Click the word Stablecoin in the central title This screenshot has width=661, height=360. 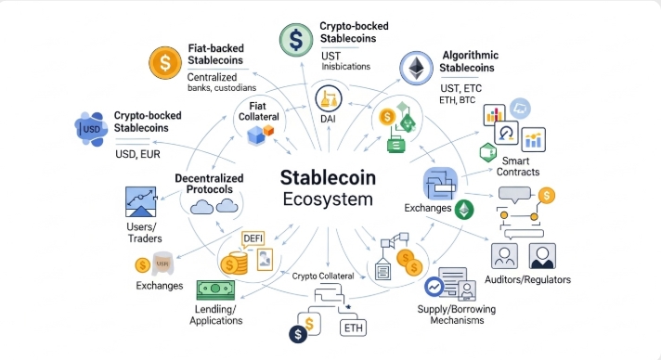(x=330, y=176)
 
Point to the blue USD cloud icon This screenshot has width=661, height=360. (x=89, y=127)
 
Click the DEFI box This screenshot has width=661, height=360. (x=253, y=238)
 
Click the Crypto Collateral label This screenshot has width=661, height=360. (x=324, y=276)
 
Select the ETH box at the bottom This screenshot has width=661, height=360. (x=354, y=328)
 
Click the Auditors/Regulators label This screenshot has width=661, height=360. (x=528, y=279)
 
